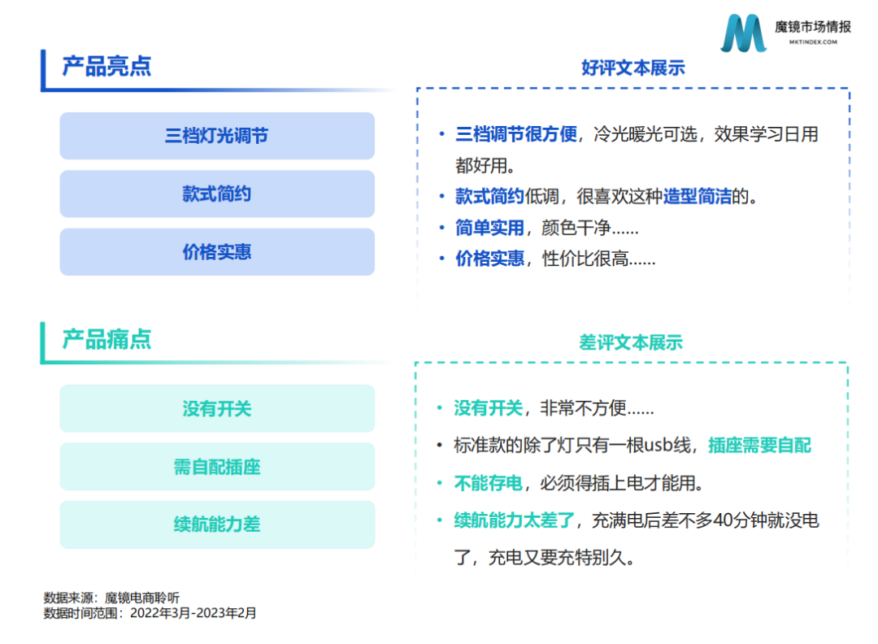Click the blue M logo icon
[x=743, y=33]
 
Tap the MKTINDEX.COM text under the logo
[x=813, y=42]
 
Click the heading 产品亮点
[x=106, y=66]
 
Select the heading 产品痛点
[x=106, y=339]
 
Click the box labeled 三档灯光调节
[x=217, y=136]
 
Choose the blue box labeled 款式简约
[x=217, y=194]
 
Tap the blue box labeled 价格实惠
[x=217, y=252]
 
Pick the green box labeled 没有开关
[x=217, y=408]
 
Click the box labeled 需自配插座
[x=217, y=467]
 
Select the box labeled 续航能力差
[x=217, y=524]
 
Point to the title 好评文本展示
[x=633, y=67]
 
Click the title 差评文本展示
[x=631, y=342]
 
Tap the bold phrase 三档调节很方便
[x=516, y=134]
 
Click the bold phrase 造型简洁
[x=698, y=197]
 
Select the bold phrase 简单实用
[x=489, y=228]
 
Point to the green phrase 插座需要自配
[x=759, y=446]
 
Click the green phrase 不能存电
[x=488, y=483]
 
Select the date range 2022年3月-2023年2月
[x=193, y=613]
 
